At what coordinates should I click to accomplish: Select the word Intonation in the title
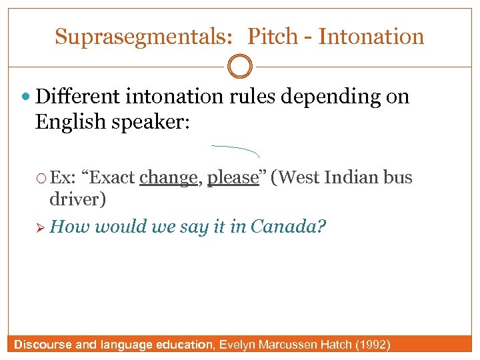tap(371, 37)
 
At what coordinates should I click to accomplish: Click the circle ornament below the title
tap(240, 67)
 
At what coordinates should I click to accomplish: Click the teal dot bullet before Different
tap(26, 98)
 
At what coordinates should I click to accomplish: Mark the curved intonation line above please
tap(235, 149)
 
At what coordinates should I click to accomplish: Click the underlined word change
tap(169, 178)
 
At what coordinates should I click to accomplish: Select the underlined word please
tap(233, 179)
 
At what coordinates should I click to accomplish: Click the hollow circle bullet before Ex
tap(43, 179)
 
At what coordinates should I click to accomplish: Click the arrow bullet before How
tap(43, 227)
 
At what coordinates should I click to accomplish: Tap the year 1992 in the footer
tap(375, 345)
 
